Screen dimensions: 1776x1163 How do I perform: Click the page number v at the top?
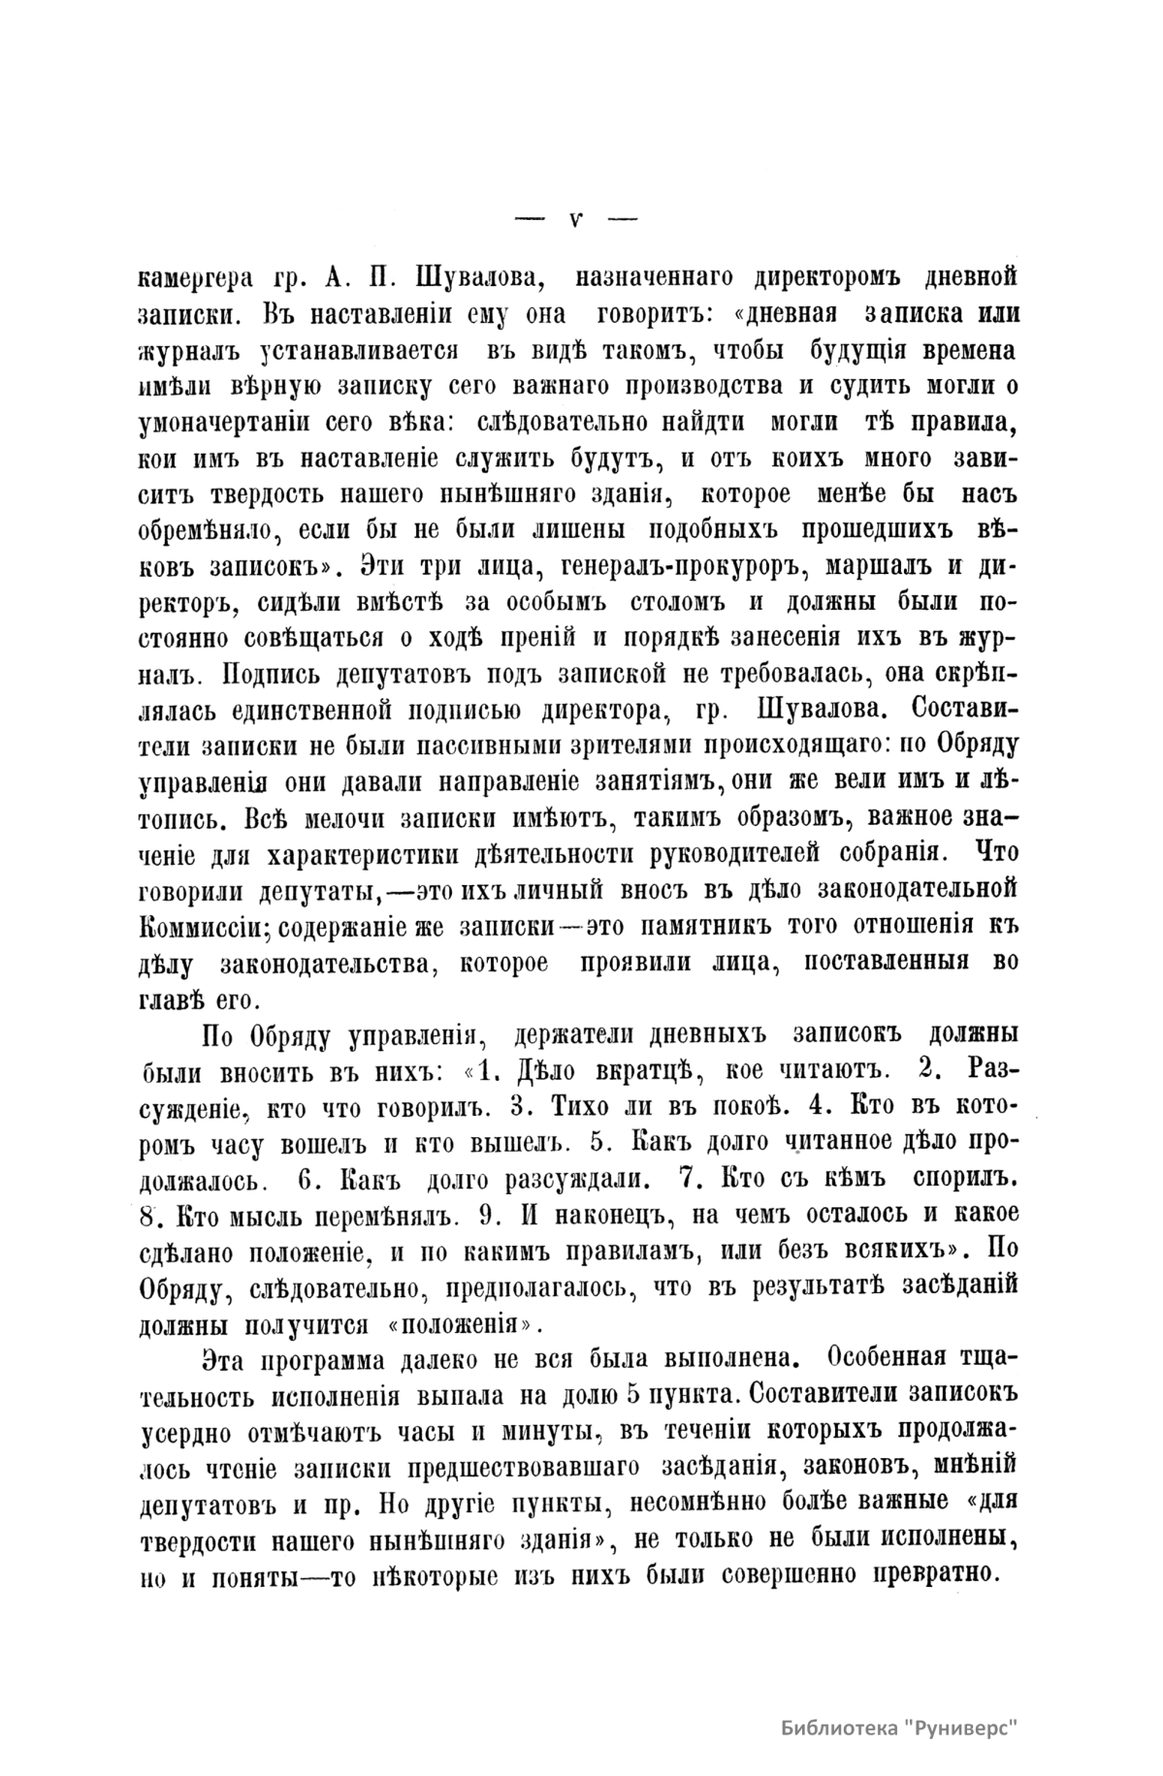[x=575, y=218]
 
